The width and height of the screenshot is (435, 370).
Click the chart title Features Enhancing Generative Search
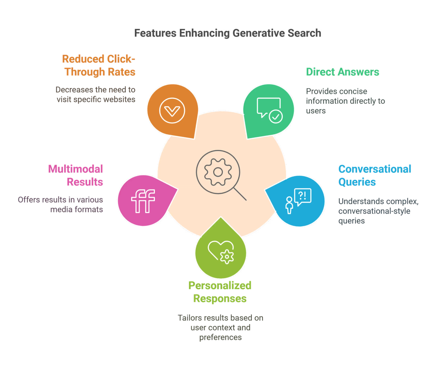pos(228,33)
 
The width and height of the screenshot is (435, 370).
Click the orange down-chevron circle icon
pos(172,111)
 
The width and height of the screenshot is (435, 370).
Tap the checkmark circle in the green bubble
pos(275,117)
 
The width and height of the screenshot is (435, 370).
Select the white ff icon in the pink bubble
pos(143,201)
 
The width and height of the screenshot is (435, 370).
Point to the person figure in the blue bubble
pos(289,205)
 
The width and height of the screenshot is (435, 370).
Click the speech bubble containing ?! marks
pos(302,197)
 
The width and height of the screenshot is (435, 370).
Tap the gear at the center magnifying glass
pos(218,172)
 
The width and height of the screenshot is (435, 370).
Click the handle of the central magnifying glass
pos(240,194)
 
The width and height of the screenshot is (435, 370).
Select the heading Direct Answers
pos(343,72)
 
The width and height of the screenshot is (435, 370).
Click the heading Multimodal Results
pos(75,175)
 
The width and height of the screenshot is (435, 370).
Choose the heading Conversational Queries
pos(374,175)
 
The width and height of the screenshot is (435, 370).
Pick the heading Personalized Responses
pos(220,292)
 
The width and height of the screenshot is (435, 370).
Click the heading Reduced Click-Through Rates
pos(99,66)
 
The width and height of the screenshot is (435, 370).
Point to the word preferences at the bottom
pos(220,337)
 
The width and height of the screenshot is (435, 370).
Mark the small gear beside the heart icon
pos(227,257)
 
